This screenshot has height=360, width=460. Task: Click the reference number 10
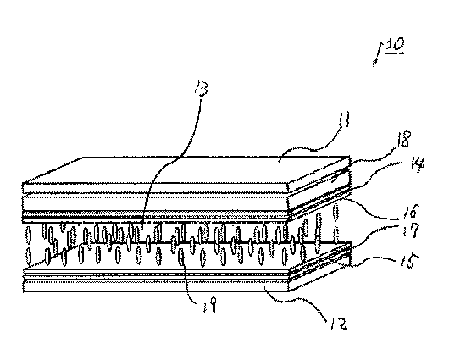point(396,45)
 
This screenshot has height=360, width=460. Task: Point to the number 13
point(202,88)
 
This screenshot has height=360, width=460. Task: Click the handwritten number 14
point(417,166)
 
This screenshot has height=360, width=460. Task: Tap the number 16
point(410,211)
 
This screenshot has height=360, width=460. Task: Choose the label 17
point(409,231)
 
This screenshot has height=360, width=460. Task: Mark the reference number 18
point(404,140)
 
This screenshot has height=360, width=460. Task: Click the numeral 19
point(211,305)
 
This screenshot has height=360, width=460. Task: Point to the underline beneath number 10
point(396,53)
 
